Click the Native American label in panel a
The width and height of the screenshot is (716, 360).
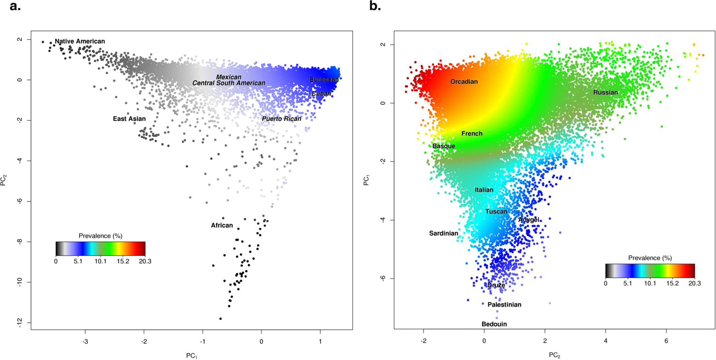coord(80,41)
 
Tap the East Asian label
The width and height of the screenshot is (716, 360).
coord(129,119)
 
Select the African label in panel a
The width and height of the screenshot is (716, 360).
coord(222,225)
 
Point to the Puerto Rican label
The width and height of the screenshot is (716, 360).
coord(282,119)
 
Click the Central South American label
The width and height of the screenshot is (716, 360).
coord(229,83)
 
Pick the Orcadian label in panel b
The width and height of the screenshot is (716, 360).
coord(464,82)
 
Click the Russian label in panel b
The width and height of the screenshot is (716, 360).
coord(605,92)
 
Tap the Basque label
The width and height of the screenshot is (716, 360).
coord(444,146)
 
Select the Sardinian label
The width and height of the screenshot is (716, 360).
coord(443,233)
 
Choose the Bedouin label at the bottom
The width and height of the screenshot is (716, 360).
coord(494,324)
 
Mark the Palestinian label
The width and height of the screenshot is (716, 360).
coord(504,305)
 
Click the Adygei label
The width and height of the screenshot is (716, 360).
coord(528,220)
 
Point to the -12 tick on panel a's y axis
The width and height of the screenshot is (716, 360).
coord(20,323)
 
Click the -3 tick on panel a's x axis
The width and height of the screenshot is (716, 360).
coord(85,342)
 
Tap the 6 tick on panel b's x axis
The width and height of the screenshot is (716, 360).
coord(666,341)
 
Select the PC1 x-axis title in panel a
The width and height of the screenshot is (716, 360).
coord(192,356)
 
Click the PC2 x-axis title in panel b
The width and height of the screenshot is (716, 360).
coord(554,355)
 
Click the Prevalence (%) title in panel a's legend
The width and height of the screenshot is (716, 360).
coord(100,236)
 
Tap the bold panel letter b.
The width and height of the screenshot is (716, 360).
coord(375,6)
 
